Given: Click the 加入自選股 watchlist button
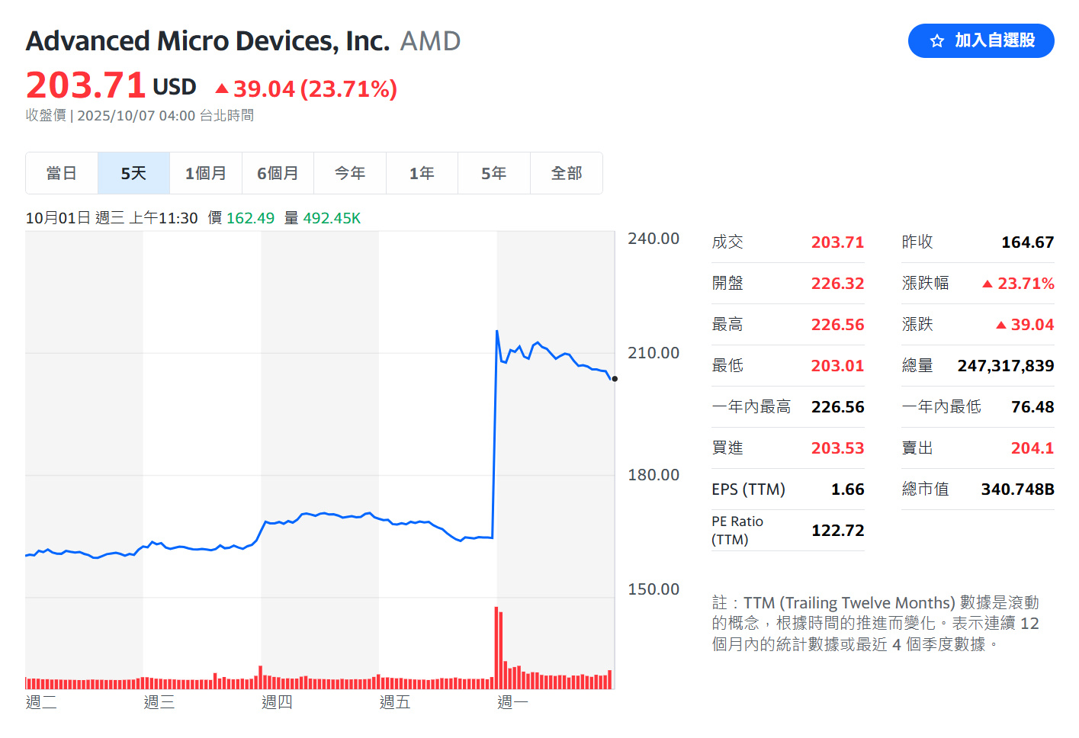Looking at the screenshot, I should tap(981, 40).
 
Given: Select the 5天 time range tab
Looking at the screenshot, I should tap(133, 173).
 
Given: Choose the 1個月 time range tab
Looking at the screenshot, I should tap(206, 173).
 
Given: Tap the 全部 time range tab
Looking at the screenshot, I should tap(567, 173).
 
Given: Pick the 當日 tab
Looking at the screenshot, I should tap(62, 173).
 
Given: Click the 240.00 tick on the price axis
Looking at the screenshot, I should tap(654, 239).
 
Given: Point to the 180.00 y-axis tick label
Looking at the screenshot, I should tap(654, 475).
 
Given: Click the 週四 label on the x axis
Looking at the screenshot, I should tap(277, 702).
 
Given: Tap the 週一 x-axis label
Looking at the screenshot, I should tap(512, 702).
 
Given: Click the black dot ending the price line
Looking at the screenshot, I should tap(615, 379).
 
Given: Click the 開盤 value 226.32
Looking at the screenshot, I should tap(837, 284).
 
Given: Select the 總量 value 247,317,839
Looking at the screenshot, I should tap(1005, 366).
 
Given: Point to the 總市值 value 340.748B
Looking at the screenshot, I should tap(1017, 489).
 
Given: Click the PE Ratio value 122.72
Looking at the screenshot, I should tap(837, 531).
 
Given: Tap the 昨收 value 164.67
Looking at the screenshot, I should tap(1027, 242).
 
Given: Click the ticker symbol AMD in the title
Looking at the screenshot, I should tap(430, 41).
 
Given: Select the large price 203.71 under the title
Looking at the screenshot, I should tap(85, 85).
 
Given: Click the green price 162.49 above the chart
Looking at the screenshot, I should tap(250, 218).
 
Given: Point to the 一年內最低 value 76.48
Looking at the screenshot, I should tap(1032, 407).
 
